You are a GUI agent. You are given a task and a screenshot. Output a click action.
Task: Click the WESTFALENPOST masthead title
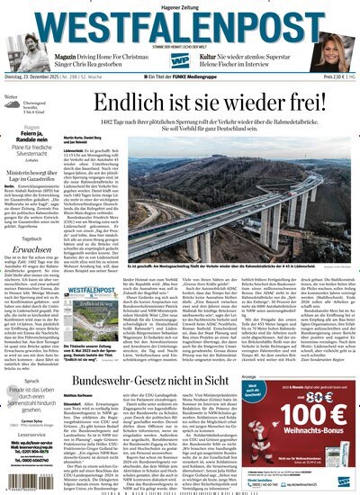click(180, 24)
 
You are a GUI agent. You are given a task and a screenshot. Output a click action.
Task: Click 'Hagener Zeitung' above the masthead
click(180, 6)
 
